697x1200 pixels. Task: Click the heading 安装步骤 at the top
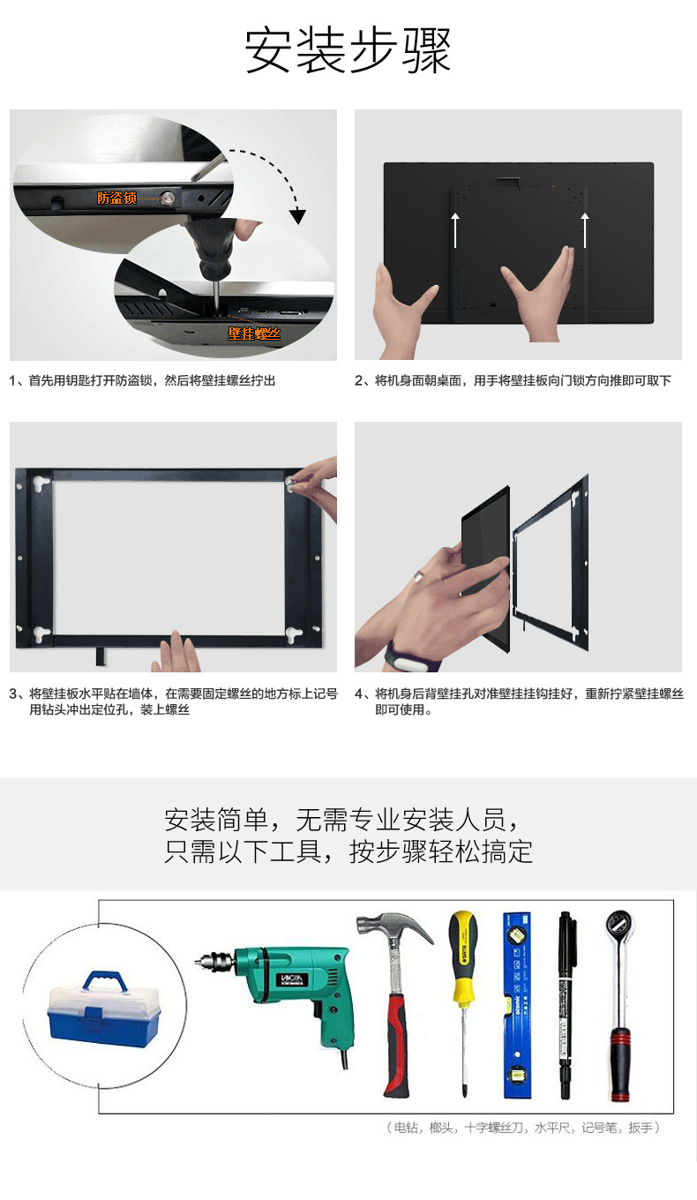point(348,51)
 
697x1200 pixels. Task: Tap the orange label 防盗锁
point(116,199)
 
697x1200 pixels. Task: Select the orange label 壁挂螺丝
point(254,334)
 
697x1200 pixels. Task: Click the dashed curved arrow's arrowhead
point(297,216)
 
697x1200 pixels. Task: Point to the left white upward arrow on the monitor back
point(455,230)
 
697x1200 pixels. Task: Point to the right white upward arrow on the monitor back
point(585,230)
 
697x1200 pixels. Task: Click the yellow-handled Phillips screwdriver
point(463,1001)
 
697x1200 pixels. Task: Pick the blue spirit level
point(518,1004)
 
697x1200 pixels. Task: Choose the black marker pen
point(566,1004)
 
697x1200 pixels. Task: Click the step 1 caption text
point(142,381)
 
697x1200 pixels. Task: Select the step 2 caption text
point(513,381)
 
